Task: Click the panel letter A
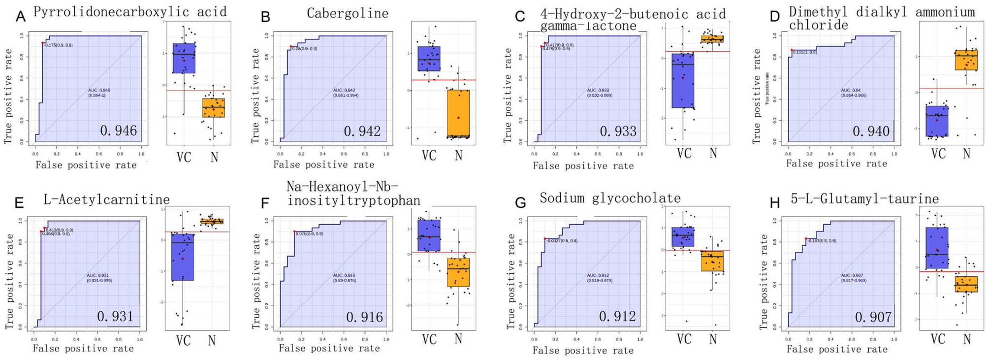[20, 17]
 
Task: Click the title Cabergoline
[347, 13]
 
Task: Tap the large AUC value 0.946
[119, 131]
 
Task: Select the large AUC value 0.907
[873, 317]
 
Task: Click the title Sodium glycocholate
[610, 198]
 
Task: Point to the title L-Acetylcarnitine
[106, 199]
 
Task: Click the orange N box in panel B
[458, 113]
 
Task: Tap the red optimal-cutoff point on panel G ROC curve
[545, 239]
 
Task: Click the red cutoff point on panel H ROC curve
[806, 239]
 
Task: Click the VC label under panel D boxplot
[938, 154]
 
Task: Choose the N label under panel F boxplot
[458, 339]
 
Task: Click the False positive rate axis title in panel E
[83, 349]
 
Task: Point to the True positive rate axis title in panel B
[255, 96]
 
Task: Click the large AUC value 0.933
[618, 131]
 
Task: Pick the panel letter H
[775, 202]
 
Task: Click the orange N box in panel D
[966, 60]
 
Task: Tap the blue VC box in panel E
[182, 257]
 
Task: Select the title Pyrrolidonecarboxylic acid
[130, 12]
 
